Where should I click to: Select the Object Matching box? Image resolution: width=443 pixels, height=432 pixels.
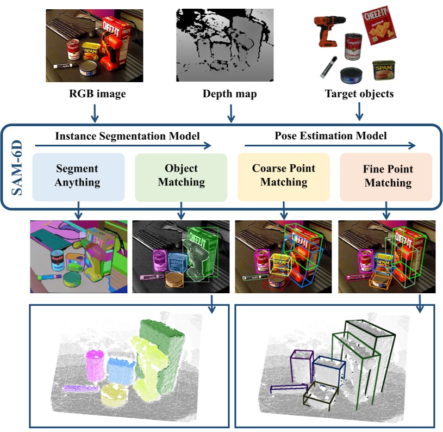[180, 176]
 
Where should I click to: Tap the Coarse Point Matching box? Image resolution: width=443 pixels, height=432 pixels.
[283, 176]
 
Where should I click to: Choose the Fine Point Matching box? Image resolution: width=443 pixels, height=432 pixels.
[386, 176]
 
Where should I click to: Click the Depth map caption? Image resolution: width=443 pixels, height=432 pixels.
[229, 94]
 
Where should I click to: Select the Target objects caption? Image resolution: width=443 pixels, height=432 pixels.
[359, 94]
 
